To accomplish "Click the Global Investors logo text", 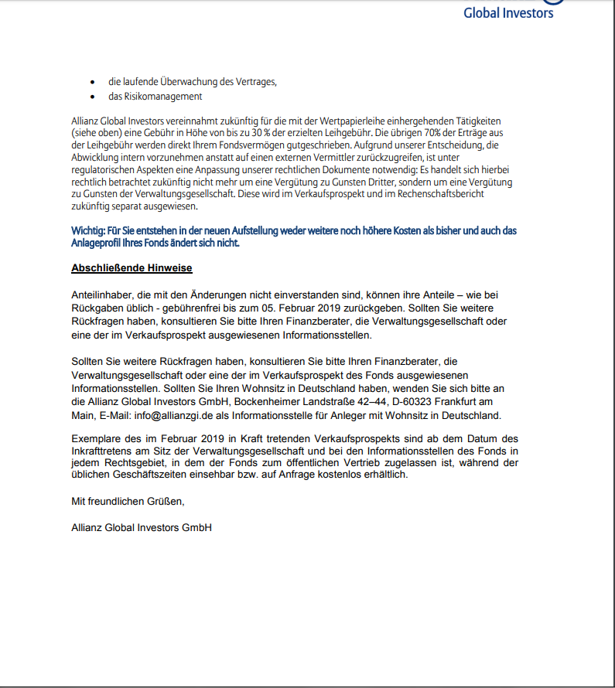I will tap(508, 12).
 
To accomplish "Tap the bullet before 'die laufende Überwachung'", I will tap(93, 81).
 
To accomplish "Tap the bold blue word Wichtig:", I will tap(92, 230).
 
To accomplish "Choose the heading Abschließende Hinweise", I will tap(132, 268).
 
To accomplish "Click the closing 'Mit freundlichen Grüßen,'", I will tap(128, 501).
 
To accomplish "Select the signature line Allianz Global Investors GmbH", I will tap(142, 527).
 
